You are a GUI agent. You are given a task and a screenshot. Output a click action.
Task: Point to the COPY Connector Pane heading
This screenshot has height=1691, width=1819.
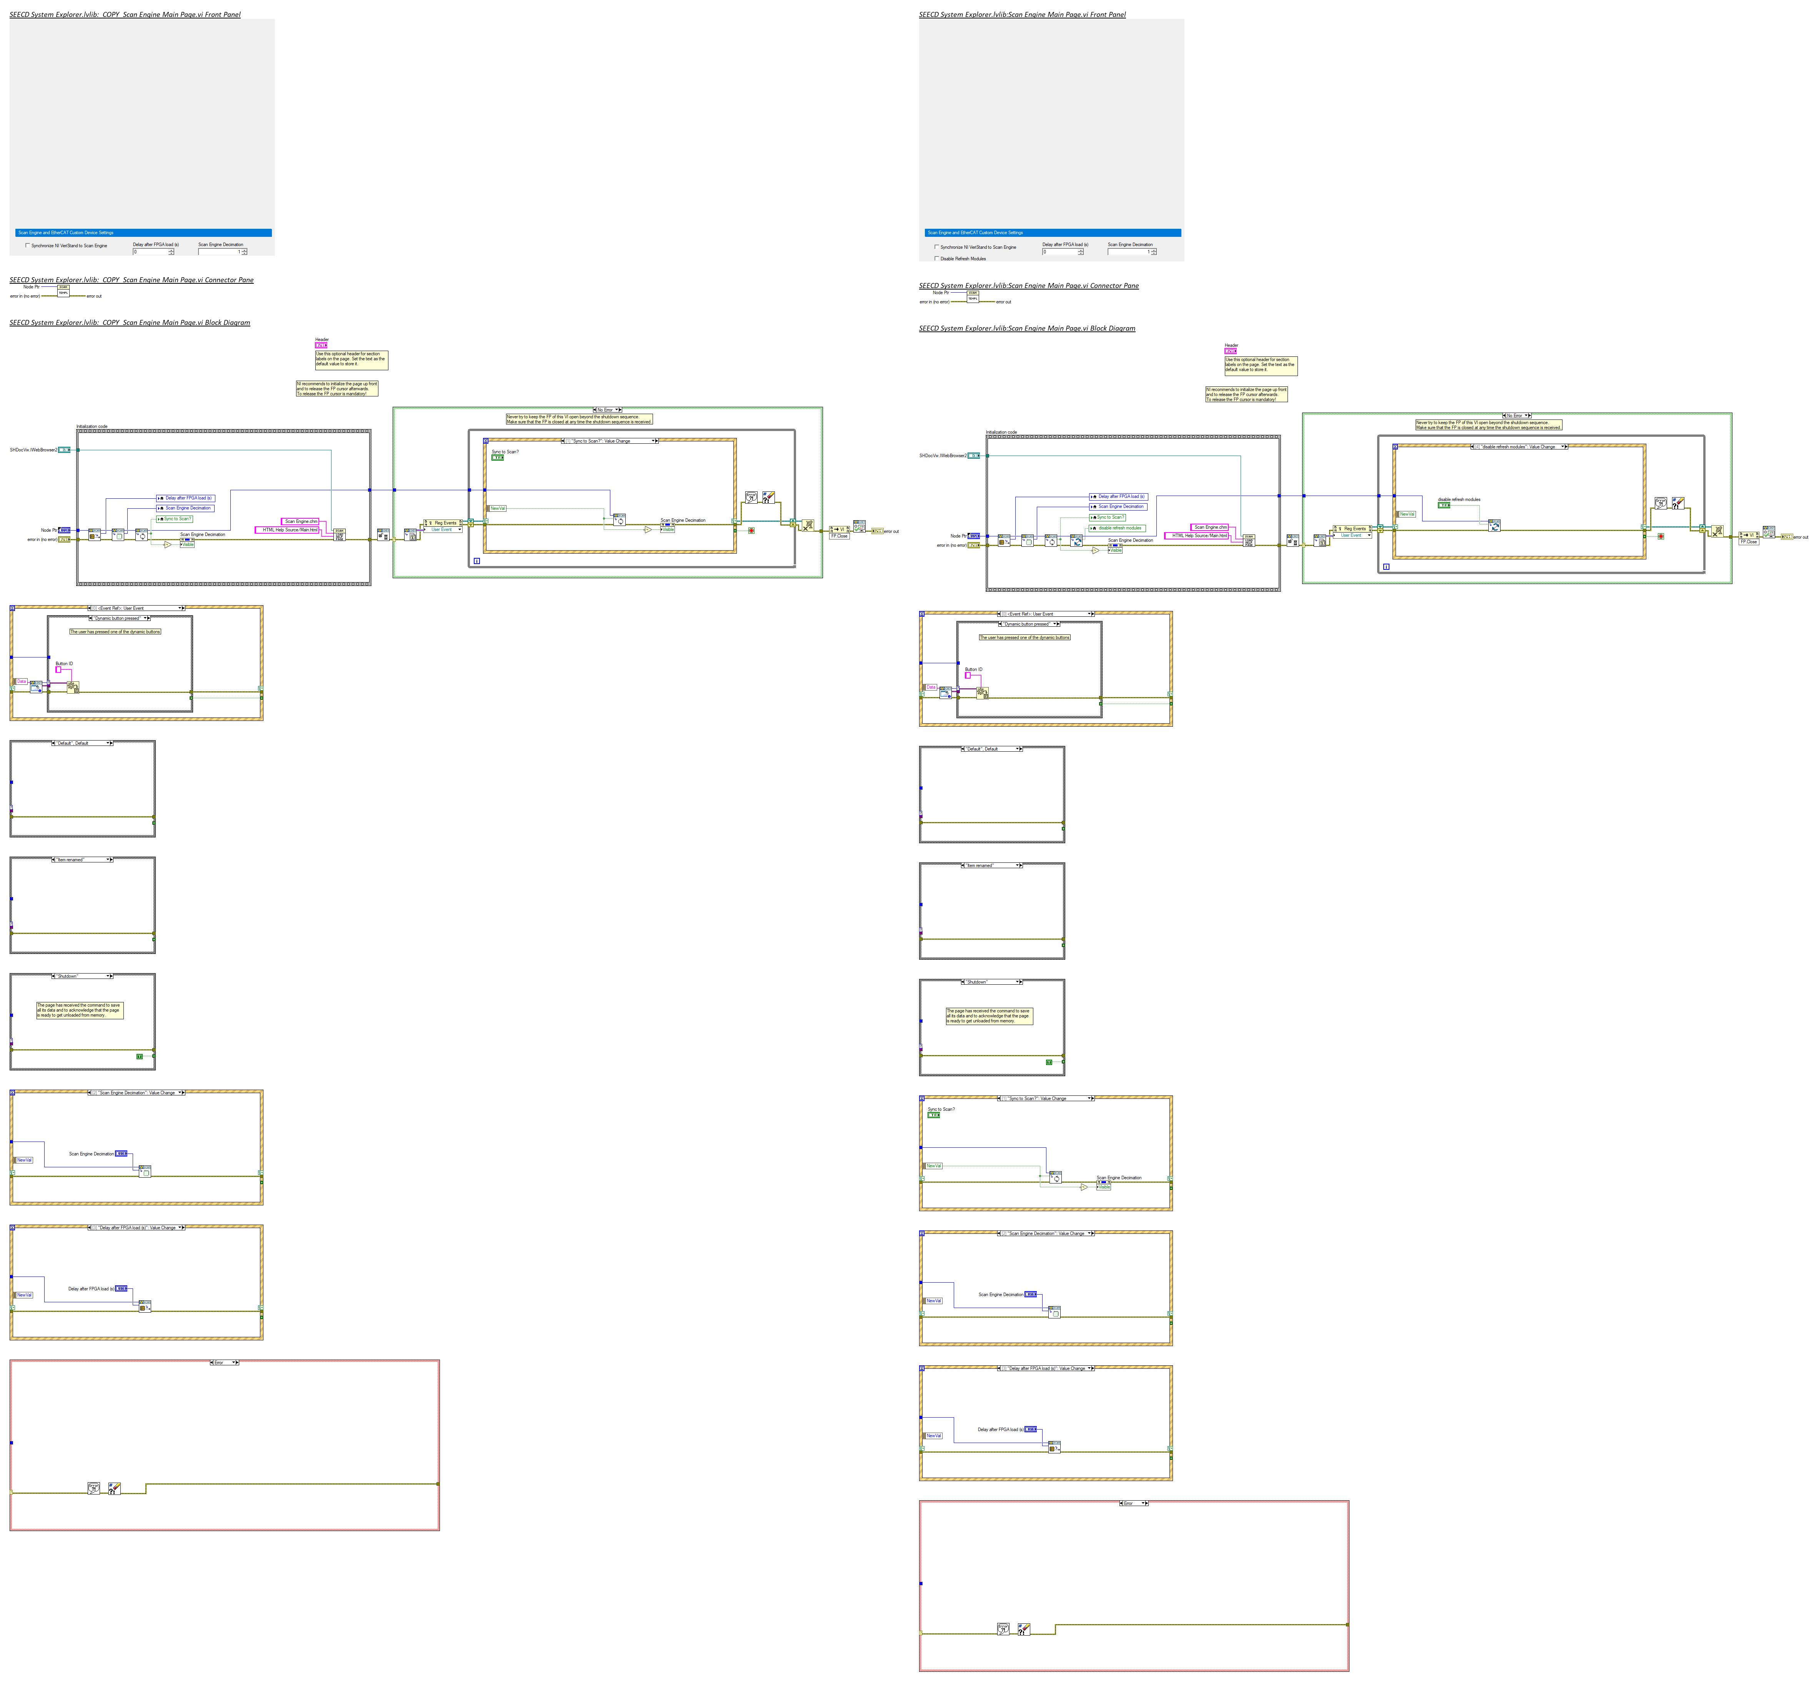click(131, 280)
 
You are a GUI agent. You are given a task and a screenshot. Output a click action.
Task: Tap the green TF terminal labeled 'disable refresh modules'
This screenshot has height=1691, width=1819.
click(1444, 505)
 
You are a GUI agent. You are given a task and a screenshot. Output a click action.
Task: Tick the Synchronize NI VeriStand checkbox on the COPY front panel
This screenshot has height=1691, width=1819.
click(27, 245)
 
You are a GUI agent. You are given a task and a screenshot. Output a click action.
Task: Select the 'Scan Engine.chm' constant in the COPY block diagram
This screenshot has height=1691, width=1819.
click(301, 522)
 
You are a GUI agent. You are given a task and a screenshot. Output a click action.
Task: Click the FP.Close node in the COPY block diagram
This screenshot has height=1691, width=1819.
click(839, 536)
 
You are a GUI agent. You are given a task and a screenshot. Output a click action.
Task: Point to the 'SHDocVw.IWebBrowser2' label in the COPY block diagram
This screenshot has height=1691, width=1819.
click(34, 450)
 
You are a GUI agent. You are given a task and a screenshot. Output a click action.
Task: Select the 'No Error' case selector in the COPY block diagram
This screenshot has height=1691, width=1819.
click(606, 410)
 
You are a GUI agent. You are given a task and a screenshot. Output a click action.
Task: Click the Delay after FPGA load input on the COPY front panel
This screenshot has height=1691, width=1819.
click(151, 251)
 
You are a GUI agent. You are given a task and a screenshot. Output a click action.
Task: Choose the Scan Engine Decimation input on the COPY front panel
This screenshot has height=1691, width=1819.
click(220, 251)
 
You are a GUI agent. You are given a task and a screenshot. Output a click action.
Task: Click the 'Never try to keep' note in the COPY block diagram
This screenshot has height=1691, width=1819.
click(579, 419)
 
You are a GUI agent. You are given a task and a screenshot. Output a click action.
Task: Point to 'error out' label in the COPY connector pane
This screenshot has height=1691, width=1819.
click(94, 296)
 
